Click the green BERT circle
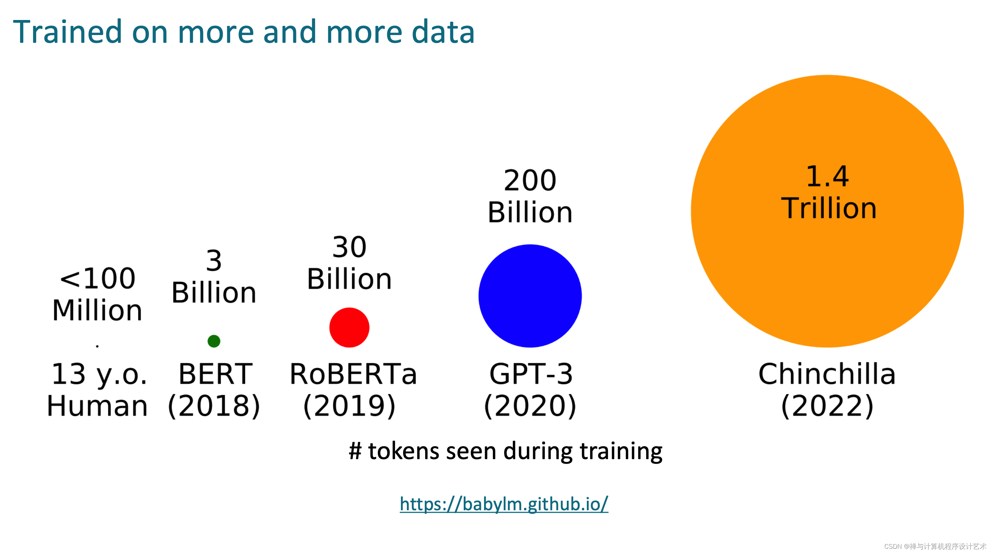(214, 341)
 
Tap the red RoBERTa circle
(349, 328)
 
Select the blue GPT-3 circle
(530, 296)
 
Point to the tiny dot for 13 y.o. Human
(98, 346)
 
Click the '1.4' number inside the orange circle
(827, 177)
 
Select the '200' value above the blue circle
(530, 181)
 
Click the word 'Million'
(98, 310)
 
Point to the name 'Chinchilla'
(827, 374)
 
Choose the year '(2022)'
(827, 406)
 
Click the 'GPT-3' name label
(531, 374)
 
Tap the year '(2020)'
(530, 406)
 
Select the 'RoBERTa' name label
(353, 374)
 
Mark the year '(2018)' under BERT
(214, 406)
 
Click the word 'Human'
(98, 406)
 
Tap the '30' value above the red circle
(349, 247)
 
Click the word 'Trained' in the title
(67, 32)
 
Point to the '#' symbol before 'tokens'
(355, 451)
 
